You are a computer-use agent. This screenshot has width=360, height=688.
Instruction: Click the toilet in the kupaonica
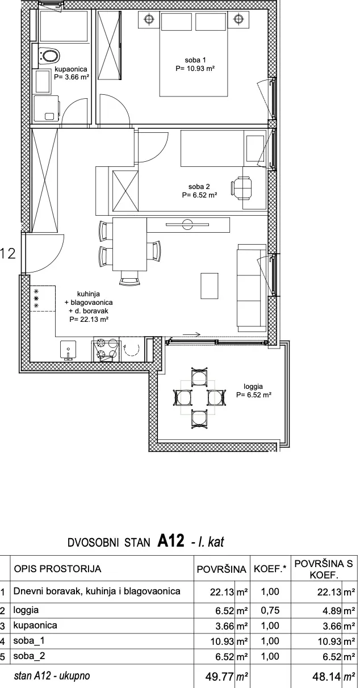[x=49, y=56]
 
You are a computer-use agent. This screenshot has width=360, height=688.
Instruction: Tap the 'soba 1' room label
[x=195, y=60]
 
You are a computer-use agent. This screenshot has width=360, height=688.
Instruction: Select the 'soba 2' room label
[x=199, y=186]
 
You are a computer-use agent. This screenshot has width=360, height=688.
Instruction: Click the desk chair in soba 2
[x=241, y=187]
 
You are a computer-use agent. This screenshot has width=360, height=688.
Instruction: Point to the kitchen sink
[x=68, y=350]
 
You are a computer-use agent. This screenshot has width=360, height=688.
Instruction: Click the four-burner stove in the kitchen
[x=105, y=350]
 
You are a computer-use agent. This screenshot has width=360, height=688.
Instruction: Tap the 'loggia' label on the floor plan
[x=253, y=387]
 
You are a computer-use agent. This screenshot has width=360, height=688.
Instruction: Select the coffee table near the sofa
[x=210, y=286]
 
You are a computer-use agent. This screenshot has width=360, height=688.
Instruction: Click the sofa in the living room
[x=252, y=288]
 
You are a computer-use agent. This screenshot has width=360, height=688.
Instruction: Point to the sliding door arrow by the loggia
[x=192, y=334]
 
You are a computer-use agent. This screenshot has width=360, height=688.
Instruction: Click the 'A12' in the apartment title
[x=171, y=540]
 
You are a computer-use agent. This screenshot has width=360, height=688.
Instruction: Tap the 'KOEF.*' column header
[x=270, y=569]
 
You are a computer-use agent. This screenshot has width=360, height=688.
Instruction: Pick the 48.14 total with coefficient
[x=327, y=676]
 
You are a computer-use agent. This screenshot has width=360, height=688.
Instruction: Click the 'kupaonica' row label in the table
[x=35, y=626]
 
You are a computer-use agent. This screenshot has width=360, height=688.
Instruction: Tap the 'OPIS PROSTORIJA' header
[x=58, y=569]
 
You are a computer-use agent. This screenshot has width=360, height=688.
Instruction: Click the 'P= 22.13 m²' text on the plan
[x=89, y=320]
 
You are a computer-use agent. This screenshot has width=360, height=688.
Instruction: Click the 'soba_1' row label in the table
[x=29, y=641]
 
